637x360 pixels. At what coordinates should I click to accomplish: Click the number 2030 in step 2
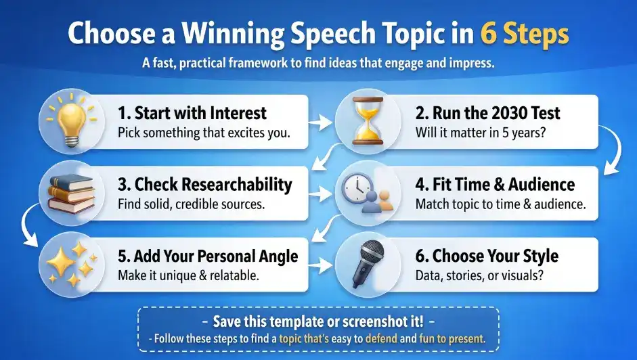[x=497, y=112]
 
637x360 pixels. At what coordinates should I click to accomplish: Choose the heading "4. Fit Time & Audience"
[x=494, y=184]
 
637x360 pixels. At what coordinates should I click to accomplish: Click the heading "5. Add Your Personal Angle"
[x=208, y=256]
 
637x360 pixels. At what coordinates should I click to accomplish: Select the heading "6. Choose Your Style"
[x=486, y=256]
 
